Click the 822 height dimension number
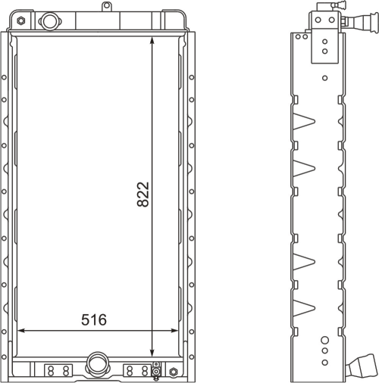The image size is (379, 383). pyautogui.click(x=143, y=195)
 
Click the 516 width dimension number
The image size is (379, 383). pyautogui.click(x=94, y=319)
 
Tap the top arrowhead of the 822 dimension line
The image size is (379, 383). pyautogui.click(x=152, y=40)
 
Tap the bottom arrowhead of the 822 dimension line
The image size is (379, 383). pyautogui.click(x=152, y=353)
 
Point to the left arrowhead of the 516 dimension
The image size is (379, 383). pyautogui.click(x=20, y=330)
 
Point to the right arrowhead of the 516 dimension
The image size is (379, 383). pyautogui.click(x=175, y=330)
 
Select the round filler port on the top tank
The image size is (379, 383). pyautogui.click(x=49, y=21)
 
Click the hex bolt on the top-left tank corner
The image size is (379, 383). pyautogui.click(x=21, y=20)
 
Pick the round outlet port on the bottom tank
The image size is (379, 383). pyautogui.click(x=97, y=363)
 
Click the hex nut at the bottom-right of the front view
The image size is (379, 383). pyautogui.click(x=173, y=372)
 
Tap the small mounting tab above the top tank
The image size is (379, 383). pyautogui.click(x=107, y=6)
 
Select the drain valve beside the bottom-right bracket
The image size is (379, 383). pyautogui.click(x=156, y=371)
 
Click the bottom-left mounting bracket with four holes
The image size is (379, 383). pyautogui.click(x=58, y=371)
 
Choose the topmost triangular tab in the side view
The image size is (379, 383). pyautogui.click(x=304, y=121)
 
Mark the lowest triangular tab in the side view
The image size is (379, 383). pyautogui.click(x=304, y=308)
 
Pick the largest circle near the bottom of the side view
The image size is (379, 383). pyautogui.click(x=325, y=340)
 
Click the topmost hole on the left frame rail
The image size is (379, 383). pyautogui.click(x=4, y=77)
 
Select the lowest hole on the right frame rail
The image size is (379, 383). pyautogui.click(x=192, y=357)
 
